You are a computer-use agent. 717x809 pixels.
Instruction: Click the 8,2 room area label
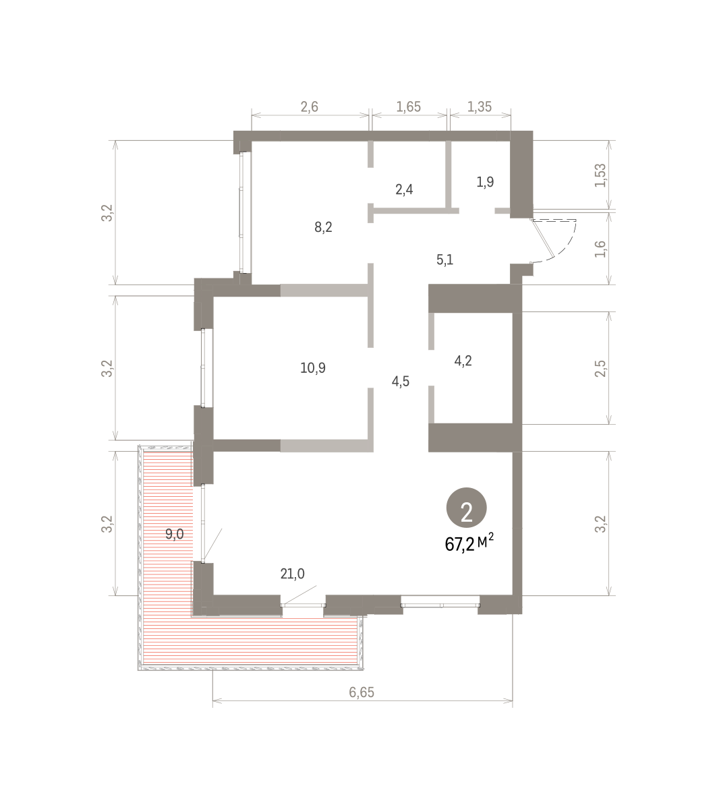tap(323, 228)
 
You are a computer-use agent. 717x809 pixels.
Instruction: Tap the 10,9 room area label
tap(313, 368)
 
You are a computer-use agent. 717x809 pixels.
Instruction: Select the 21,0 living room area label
tap(292, 574)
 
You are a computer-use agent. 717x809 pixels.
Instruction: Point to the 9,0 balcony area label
tap(175, 534)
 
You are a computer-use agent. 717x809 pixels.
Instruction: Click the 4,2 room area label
tap(463, 361)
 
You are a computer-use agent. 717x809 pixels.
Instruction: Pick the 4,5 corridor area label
tap(400, 382)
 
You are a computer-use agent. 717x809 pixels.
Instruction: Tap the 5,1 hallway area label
tap(444, 260)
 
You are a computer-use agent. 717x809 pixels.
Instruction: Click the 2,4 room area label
tap(404, 189)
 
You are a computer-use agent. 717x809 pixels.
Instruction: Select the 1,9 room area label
tap(486, 182)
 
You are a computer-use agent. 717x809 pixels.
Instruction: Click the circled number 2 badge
tap(467, 508)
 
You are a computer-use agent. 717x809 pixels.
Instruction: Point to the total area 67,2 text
tap(459, 545)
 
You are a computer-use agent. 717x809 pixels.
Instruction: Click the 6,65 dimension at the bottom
tap(362, 692)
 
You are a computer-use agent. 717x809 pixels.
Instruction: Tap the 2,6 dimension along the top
tap(309, 107)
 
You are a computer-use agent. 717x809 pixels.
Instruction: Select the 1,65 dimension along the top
tap(408, 107)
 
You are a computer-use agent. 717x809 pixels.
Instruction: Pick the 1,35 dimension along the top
tap(480, 107)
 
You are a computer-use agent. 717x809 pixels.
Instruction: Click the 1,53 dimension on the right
tap(600, 175)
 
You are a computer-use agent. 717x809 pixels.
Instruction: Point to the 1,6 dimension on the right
tap(600, 249)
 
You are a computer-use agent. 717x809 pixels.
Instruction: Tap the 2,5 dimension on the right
tap(600, 369)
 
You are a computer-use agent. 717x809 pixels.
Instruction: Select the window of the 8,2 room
tap(241, 212)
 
